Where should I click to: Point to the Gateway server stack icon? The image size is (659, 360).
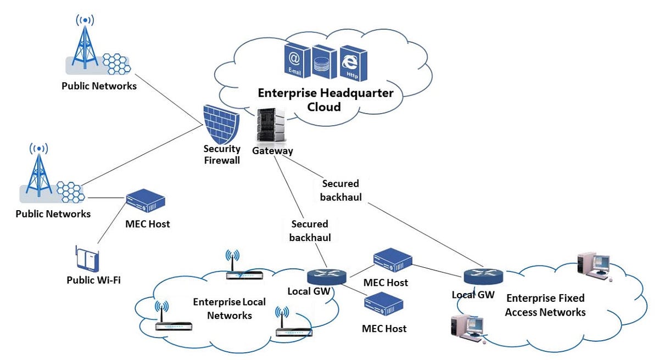pos(271,126)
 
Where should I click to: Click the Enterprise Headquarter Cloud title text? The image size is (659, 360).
pos(326,99)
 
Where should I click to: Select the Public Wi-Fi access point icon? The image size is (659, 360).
pos(87,258)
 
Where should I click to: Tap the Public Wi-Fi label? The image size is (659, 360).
pos(93,280)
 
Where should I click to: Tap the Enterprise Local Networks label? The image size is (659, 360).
pos(230,308)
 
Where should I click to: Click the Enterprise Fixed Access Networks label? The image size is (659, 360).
pos(545,305)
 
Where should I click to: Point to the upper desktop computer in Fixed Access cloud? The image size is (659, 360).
pos(593,266)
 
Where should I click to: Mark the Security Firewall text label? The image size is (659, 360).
pos(222,154)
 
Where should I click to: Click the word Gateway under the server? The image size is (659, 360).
pos(272,151)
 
